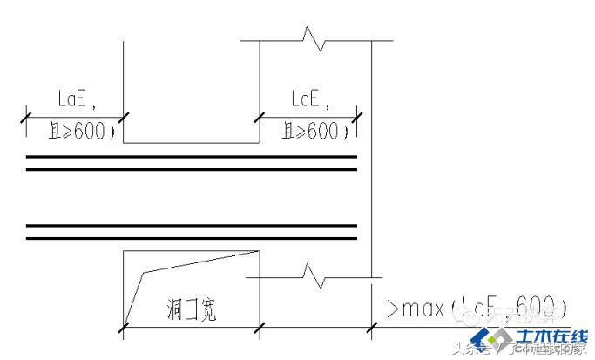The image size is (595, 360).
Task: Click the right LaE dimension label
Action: click(310, 101)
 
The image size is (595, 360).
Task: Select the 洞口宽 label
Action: click(192, 309)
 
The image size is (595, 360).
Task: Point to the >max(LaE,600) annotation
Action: click(476, 308)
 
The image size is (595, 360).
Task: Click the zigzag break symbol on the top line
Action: click(314, 39)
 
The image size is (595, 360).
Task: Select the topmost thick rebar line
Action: click(192, 157)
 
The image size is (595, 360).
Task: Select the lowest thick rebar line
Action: click(192, 236)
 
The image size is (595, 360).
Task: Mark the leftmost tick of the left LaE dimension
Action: click(27, 115)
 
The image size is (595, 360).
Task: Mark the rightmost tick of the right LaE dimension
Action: click(358, 115)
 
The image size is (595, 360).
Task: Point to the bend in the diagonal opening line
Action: click(144, 273)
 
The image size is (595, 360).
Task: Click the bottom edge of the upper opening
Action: click(192, 144)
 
